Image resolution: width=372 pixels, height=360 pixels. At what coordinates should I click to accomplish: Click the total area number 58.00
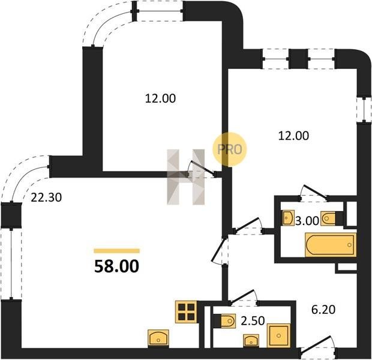pyautogui.click(x=116, y=266)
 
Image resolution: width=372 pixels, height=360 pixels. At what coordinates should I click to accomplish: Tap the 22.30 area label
pyautogui.click(x=46, y=197)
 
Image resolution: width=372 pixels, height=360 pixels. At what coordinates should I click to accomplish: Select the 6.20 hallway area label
pyautogui.click(x=323, y=310)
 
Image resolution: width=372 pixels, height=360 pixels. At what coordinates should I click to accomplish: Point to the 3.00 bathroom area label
pyautogui.click(x=307, y=221)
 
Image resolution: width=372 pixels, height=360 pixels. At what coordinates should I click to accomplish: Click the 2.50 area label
pyautogui.click(x=253, y=321)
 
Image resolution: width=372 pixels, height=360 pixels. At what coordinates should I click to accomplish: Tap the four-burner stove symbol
pyautogui.click(x=186, y=312)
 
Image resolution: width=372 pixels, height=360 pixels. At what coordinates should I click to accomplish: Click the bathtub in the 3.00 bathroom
pyautogui.click(x=331, y=245)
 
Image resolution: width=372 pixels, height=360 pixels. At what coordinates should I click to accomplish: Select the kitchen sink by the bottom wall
pyautogui.click(x=158, y=338)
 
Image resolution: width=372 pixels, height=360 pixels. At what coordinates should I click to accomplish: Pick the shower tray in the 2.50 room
pyautogui.click(x=278, y=335)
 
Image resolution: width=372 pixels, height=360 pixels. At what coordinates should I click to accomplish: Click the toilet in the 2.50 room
pyautogui.click(x=227, y=322)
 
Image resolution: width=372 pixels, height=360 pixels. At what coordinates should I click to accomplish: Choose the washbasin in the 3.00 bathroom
pyautogui.click(x=289, y=218)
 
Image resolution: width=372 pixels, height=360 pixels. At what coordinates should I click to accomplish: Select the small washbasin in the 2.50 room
pyautogui.click(x=251, y=341)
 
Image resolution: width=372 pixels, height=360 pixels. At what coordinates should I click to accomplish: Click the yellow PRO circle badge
pyautogui.click(x=229, y=149)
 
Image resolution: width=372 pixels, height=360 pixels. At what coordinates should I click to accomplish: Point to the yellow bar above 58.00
pyautogui.click(x=117, y=251)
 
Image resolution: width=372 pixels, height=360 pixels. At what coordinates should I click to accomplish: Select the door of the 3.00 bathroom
pyautogui.click(x=313, y=191)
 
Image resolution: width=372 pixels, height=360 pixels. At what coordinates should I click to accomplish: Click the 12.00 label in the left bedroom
pyautogui.click(x=160, y=98)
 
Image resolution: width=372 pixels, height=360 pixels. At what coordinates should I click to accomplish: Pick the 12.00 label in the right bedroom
pyautogui.click(x=293, y=136)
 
